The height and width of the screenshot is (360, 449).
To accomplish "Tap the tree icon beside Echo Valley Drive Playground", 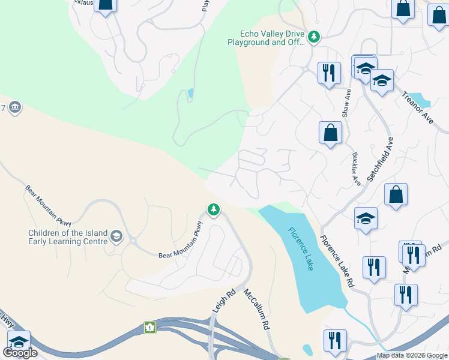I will [313, 38].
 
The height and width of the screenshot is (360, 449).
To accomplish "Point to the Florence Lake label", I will [301, 248].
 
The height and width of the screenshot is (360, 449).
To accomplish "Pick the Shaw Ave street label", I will [346, 103].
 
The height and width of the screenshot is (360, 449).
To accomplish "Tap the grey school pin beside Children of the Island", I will [117, 237].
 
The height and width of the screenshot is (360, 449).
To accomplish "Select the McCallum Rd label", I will [256, 308].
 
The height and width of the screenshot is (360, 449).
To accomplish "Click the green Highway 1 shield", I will [148, 328].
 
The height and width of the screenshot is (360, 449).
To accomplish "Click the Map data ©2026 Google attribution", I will [412, 355].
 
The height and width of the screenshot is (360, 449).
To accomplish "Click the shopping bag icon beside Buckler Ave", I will [330, 133].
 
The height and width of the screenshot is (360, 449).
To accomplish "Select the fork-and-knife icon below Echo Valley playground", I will [328, 73].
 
